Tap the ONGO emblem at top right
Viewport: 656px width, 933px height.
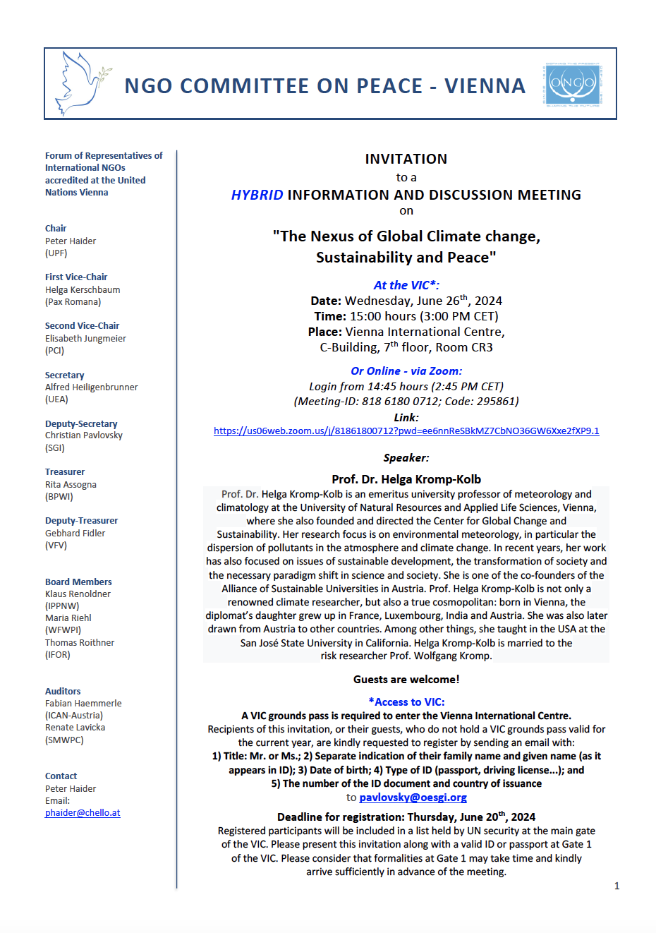pos(573,84)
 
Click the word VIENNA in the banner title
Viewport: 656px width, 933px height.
pos(485,86)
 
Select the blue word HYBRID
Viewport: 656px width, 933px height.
pos(257,195)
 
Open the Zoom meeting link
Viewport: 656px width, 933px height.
pos(406,431)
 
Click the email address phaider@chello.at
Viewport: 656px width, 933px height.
pos(83,813)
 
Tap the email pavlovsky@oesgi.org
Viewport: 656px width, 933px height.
pos(413,797)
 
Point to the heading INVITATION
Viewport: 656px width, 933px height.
pos(406,159)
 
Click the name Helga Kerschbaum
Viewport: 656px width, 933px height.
pos(83,290)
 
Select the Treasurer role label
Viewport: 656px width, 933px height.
pos(65,472)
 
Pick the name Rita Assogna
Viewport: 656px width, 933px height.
pos(71,485)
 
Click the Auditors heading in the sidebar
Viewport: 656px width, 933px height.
pos(63,692)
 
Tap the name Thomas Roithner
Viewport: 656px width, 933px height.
pos(80,643)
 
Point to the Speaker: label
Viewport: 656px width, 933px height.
pos(406,458)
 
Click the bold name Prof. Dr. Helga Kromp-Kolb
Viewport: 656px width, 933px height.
pos(406,479)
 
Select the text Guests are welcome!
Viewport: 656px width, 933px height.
pos(406,680)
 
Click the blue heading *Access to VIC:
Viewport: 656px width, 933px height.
pos(406,702)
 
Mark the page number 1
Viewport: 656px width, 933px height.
pos(616,886)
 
